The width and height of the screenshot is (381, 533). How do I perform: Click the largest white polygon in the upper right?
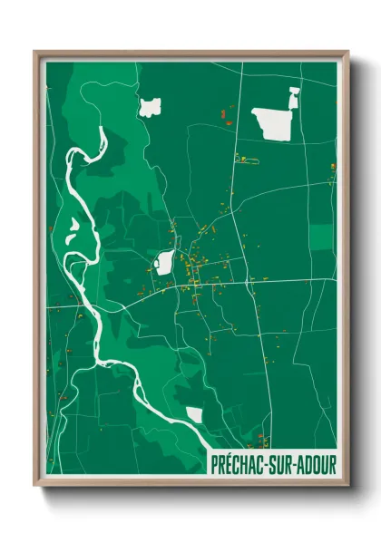[273, 121]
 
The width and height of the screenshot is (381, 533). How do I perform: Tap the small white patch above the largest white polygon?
[293, 92]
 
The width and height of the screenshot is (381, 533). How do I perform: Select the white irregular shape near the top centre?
[148, 107]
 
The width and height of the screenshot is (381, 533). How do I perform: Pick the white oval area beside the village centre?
[164, 263]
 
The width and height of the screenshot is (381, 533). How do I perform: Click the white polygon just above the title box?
[194, 414]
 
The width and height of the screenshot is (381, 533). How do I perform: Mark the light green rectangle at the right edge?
[321, 237]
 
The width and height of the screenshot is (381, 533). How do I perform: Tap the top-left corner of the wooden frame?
[35, 53]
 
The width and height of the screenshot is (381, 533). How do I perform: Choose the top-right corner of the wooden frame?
[347, 53]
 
